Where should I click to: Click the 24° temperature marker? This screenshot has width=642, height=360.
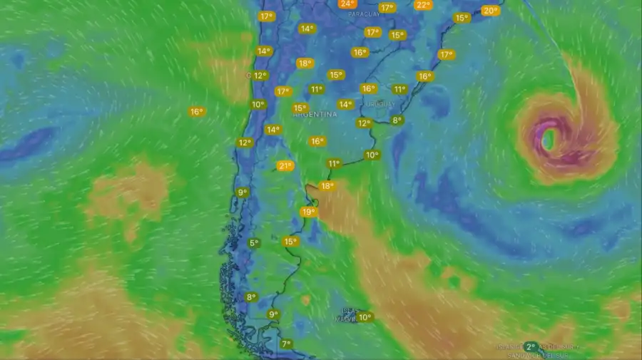(347, 4)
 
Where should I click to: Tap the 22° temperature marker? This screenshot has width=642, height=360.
(423, 5)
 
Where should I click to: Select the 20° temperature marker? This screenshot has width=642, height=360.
(490, 11)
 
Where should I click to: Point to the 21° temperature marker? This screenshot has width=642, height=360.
(285, 166)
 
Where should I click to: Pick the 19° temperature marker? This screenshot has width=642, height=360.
(308, 212)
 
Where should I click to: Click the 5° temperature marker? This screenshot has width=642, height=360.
(253, 243)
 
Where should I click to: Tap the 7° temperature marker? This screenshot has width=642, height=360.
(286, 344)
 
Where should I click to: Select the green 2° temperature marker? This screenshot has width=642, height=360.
(530, 346)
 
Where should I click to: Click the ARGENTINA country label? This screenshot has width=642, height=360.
(315, 114)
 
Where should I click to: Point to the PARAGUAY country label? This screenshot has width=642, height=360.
(364, 14)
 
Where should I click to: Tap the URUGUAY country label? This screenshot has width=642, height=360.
(379, 104)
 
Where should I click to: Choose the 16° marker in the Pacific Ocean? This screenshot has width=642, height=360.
(197, 112)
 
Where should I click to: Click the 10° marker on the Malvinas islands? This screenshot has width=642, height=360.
(365, 317)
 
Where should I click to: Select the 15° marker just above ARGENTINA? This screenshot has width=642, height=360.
(300, 108)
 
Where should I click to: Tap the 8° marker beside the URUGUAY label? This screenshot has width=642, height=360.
(397, 120)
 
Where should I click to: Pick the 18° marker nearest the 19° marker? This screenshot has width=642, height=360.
(327, 186)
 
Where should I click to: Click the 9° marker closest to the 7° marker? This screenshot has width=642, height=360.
(273, 314)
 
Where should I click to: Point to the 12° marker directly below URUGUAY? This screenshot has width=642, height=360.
(364, 123)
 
